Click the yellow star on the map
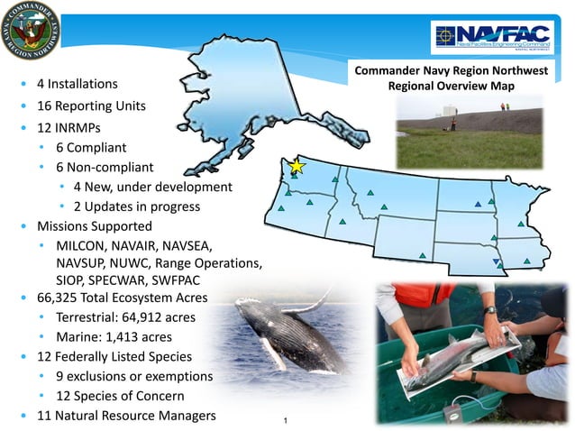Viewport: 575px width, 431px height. coord(297,167)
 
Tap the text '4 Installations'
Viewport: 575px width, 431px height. coord(77,84)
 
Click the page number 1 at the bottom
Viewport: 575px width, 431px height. coord(285,420)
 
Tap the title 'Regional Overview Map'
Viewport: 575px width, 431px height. coord(447,87)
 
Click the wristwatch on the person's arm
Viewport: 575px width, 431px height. coord(489,310)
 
